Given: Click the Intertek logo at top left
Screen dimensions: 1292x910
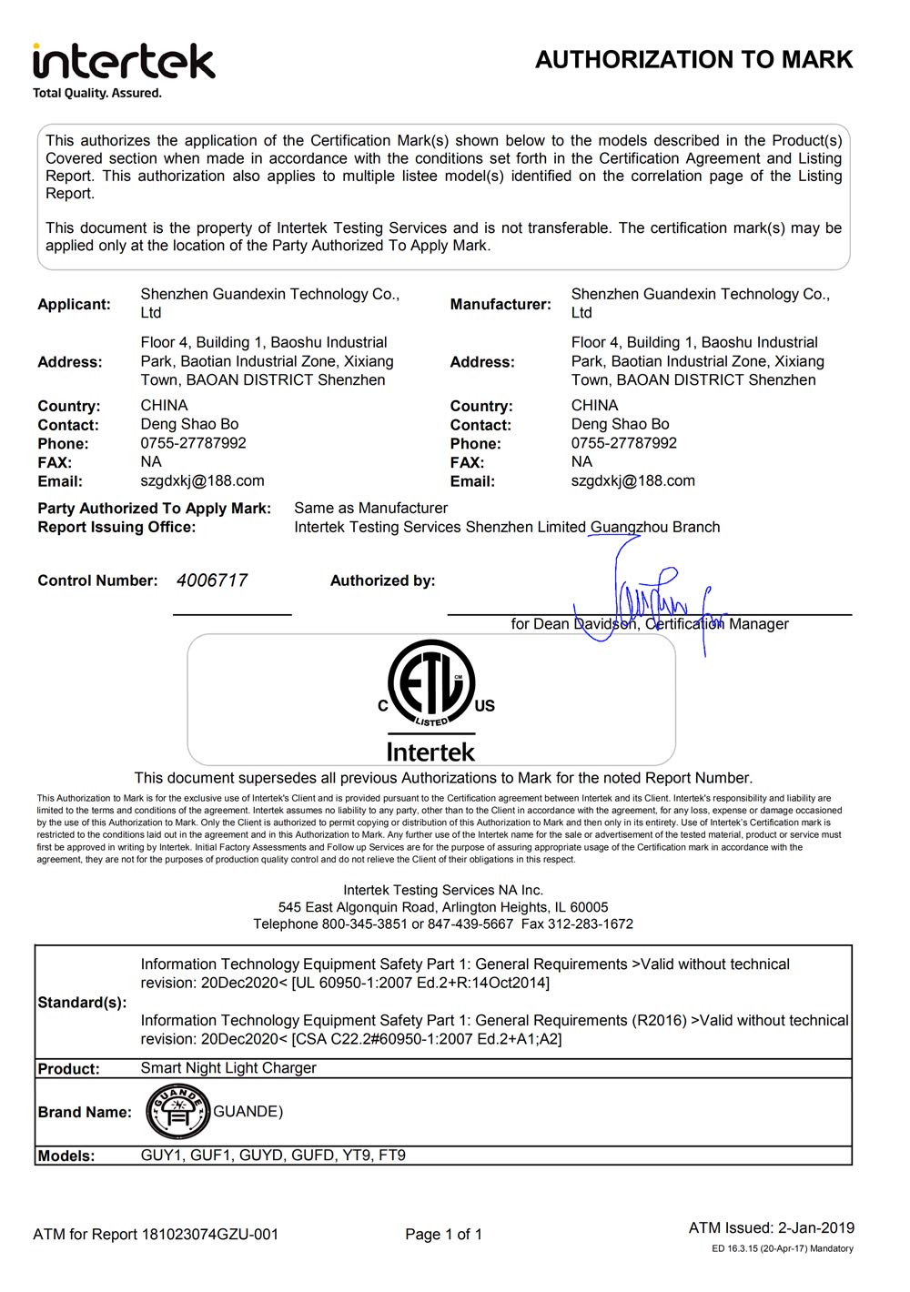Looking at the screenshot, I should pyautogui.click(x=124, y=62).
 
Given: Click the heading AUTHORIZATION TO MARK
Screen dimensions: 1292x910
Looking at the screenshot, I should pyautogui.click(x=693, y=60).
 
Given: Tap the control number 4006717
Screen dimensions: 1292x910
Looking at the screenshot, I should pyautogui.click(x=211, y=580).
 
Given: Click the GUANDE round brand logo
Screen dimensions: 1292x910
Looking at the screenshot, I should pyautogui.click(x=178, y=1112).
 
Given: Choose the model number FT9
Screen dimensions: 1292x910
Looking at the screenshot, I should pyautogui.click(x=392, y=1156).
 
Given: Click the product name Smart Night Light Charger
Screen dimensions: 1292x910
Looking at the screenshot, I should pyautogui.click(x=228, y=1068).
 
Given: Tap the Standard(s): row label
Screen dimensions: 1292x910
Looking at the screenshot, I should pyautogui.click(x=82, y=1003).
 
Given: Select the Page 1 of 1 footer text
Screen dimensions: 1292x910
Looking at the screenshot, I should pyautogui.click(x=443, y=1235).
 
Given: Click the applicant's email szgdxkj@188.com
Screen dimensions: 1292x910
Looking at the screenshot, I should pyautogui.click(x=202, y=480).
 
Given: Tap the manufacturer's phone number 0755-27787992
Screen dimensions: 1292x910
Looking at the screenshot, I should pyautogui.click(x=623, y=443).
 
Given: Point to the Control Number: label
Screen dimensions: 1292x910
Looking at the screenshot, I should pyautogui.click(x=97, y=580).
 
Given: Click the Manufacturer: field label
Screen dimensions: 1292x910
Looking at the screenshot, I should pyautogui.click(x=500, y=304).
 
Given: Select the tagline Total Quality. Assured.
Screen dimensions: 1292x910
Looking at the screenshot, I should pyautogui.click(x=97, y=93).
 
